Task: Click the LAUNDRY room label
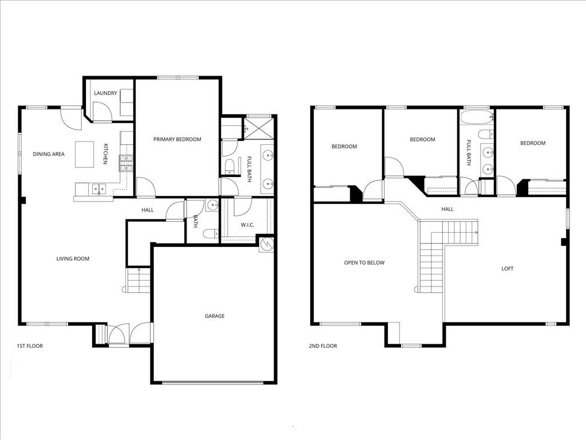coord(106,93)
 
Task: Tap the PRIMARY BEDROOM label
coord(177,139)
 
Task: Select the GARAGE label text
coord(215,316)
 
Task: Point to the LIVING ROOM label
coord(73,259)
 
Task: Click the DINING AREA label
coord(49,154)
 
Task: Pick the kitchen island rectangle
coord(85,155)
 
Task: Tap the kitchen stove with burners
coord(125,163)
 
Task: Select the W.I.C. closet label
coord(247,225)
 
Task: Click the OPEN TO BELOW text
coord(364,263)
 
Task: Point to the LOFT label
coord(507,269)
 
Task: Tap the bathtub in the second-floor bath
coord(476,119)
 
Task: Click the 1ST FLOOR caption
coord(30,346)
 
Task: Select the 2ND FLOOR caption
coord(323,346)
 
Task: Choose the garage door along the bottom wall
coord(213,382)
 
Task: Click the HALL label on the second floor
coord(448,209)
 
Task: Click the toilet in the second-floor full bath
coord(485,136)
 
